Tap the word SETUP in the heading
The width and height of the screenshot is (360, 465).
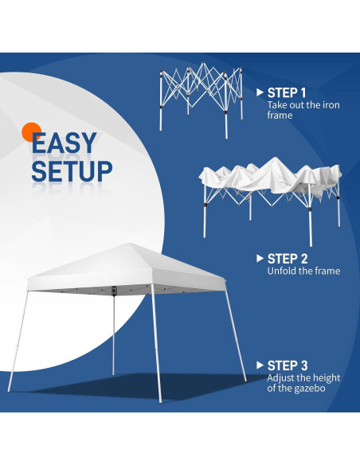pyautogui.click(x=72, y=170)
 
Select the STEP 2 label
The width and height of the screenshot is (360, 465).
pyautogui.click(x=288, y=258)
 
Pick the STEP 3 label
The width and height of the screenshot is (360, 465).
pyautogui.click(x=288, y=365)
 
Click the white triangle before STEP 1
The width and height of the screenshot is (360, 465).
pyautogui.click(x=259, y=92)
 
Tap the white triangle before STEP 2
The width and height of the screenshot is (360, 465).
pyautogui.click(x=259, y=259)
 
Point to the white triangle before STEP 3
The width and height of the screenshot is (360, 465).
pyautogui.click(x=259, y=365)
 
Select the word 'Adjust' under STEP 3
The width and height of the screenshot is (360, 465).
pyautogui.click(x=282, y=377)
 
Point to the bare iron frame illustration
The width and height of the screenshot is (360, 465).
pyautogui.click(x=199, y=92)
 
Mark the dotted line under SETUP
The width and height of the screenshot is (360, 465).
pyautogui.click(x=72, y=189)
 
